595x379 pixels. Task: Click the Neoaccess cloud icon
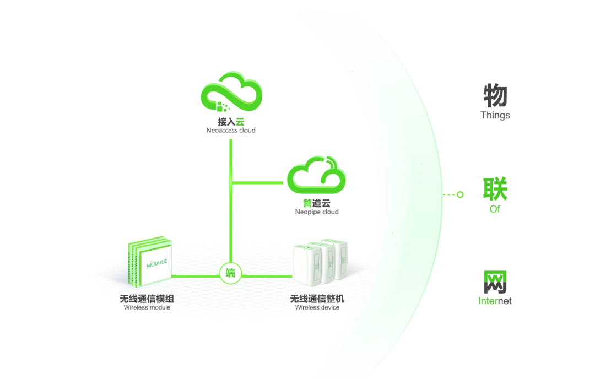click(231, 94)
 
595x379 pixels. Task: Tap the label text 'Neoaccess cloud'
click(231, 131)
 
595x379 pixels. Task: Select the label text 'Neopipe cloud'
click(316, 212)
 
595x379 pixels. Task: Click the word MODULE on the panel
click(157, 265)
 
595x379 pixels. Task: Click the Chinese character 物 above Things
click(495, 96)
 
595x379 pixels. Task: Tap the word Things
click(495, 115)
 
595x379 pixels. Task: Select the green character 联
click(495, 189)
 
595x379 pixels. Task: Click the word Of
click(495, 209)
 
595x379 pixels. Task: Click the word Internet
click(495, 301)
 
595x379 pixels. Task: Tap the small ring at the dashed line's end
click(461, 194)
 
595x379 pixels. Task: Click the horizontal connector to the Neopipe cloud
click(259, 182)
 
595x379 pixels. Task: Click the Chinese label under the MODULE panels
click(147, 299)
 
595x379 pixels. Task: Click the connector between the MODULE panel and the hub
click(196, 274)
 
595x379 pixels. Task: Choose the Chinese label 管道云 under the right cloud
click(316, 203)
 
